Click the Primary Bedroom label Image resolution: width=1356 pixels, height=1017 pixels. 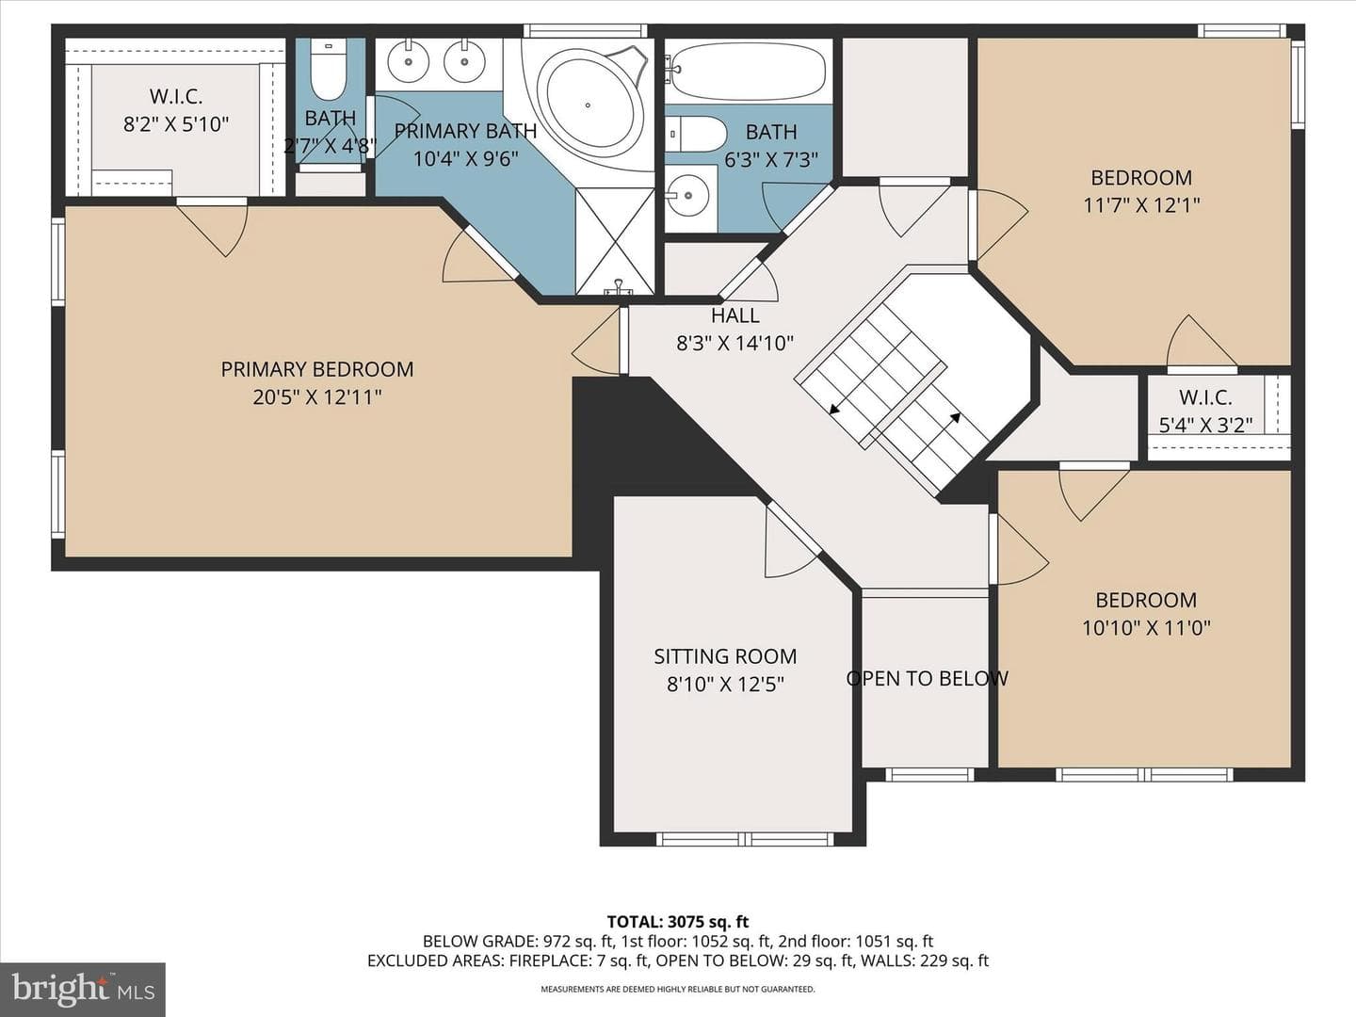click(x=317, y=369)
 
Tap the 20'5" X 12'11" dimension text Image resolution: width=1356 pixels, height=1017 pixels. click(x=317, y=397)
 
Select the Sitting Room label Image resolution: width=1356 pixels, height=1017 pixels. click(x=725, y=656)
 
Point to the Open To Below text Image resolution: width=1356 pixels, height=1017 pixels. click(x=927, y=679)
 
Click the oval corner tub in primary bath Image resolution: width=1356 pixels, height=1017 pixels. click(x=588, y=105)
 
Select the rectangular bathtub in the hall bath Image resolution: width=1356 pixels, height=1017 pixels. click(x=748, y=74)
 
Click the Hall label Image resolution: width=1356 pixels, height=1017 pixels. click(x=734, y=315)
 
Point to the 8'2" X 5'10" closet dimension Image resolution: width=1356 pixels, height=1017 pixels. click(x=176, y=124)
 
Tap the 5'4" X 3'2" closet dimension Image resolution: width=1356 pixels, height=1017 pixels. click(x=1205, y=425)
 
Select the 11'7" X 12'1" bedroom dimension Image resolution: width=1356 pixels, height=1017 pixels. click(x=1141, y=205)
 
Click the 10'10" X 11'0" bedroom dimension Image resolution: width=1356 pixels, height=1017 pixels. click(x=1146, y=628)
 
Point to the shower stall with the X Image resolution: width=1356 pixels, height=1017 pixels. click(x=615, y=241)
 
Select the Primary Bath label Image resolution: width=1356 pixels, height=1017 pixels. click(x=465, y=131)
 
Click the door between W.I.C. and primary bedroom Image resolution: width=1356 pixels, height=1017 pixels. click(x=213, y=226)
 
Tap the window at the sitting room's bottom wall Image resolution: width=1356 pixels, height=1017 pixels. click(x=745, y=838)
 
